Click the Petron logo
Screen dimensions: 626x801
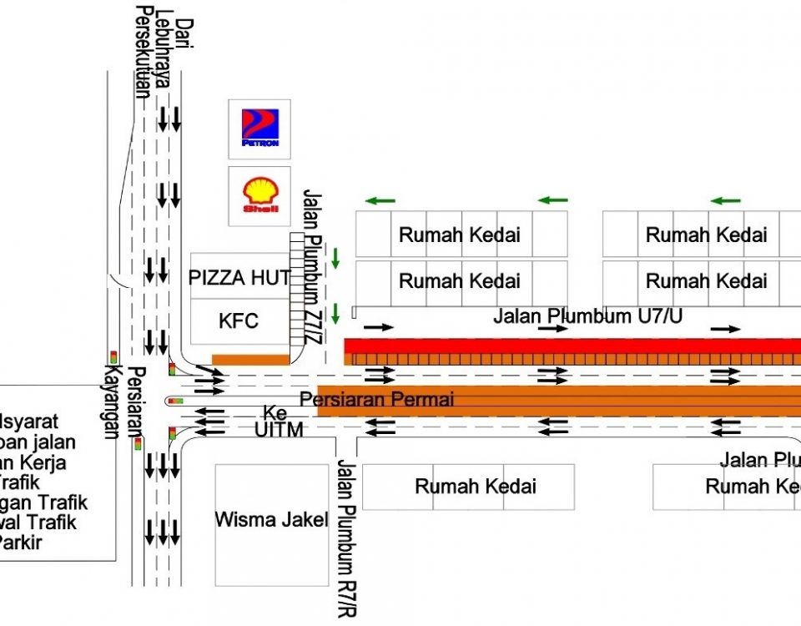pyautogui.click(x=259, y=129)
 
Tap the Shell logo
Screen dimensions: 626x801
pyautogui.click(x=259, y=195)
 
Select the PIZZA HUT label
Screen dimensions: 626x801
pyautogui.click(x=239, y=278)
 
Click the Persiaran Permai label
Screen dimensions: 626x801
pyautogui.click(x=377, y=399)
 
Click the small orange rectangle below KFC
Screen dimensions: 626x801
pyautogui.click(x=250, y=360)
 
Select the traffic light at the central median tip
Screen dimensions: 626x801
pyautogui.click(x=175, y=401)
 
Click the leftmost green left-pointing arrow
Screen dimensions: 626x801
pyautogui.click(x=380, y=200)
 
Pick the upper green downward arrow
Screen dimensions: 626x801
pyautogui.click(x=335, y=258)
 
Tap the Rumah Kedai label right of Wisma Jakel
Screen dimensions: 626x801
pyautogui.click(x=476, y=486)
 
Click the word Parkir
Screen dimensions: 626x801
pyautogui.click(x=22, y=542)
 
